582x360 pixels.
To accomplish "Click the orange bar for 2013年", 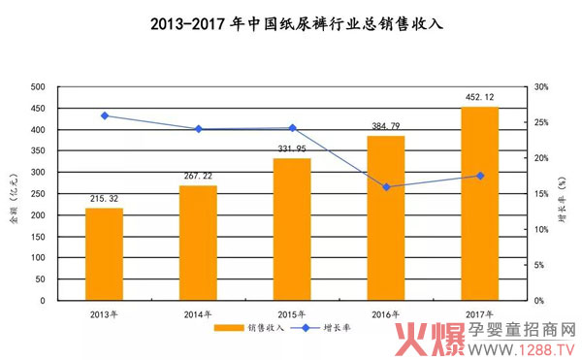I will point(104,254).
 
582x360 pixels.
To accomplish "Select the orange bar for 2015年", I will point(291,229).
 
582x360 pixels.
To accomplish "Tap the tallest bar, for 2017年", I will point(479,204).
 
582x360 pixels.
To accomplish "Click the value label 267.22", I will point(198,176).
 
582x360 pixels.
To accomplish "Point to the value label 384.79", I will point(385,126).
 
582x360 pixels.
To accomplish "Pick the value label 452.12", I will point(479,97).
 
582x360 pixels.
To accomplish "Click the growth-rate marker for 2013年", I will point(105,115).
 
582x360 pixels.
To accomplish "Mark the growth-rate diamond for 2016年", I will point(386,186).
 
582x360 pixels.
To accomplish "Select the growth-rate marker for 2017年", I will point(480,176).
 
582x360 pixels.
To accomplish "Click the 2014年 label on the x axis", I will point(198,313).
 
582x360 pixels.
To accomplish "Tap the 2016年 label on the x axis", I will point(386,313).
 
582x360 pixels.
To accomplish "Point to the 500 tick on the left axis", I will point(38,87).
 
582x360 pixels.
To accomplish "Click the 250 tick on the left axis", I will point(38,194).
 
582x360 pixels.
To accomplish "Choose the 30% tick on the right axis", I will point(541,87).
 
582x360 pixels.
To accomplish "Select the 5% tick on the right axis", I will point(541,265).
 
